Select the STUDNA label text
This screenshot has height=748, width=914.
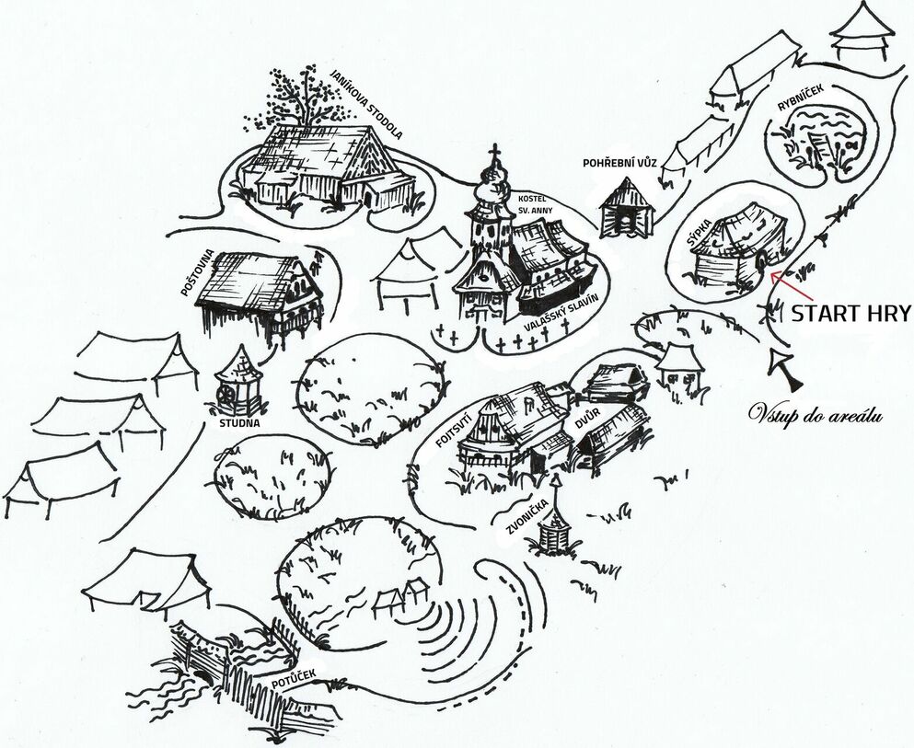click(239, 423)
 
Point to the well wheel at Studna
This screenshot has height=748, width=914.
click(225, 396)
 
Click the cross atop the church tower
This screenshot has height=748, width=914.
click(495, 155)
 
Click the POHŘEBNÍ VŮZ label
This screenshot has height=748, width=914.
click(620, 163)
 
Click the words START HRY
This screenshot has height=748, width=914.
click(850, 314)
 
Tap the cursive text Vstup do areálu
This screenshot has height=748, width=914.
click(816, 415)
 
